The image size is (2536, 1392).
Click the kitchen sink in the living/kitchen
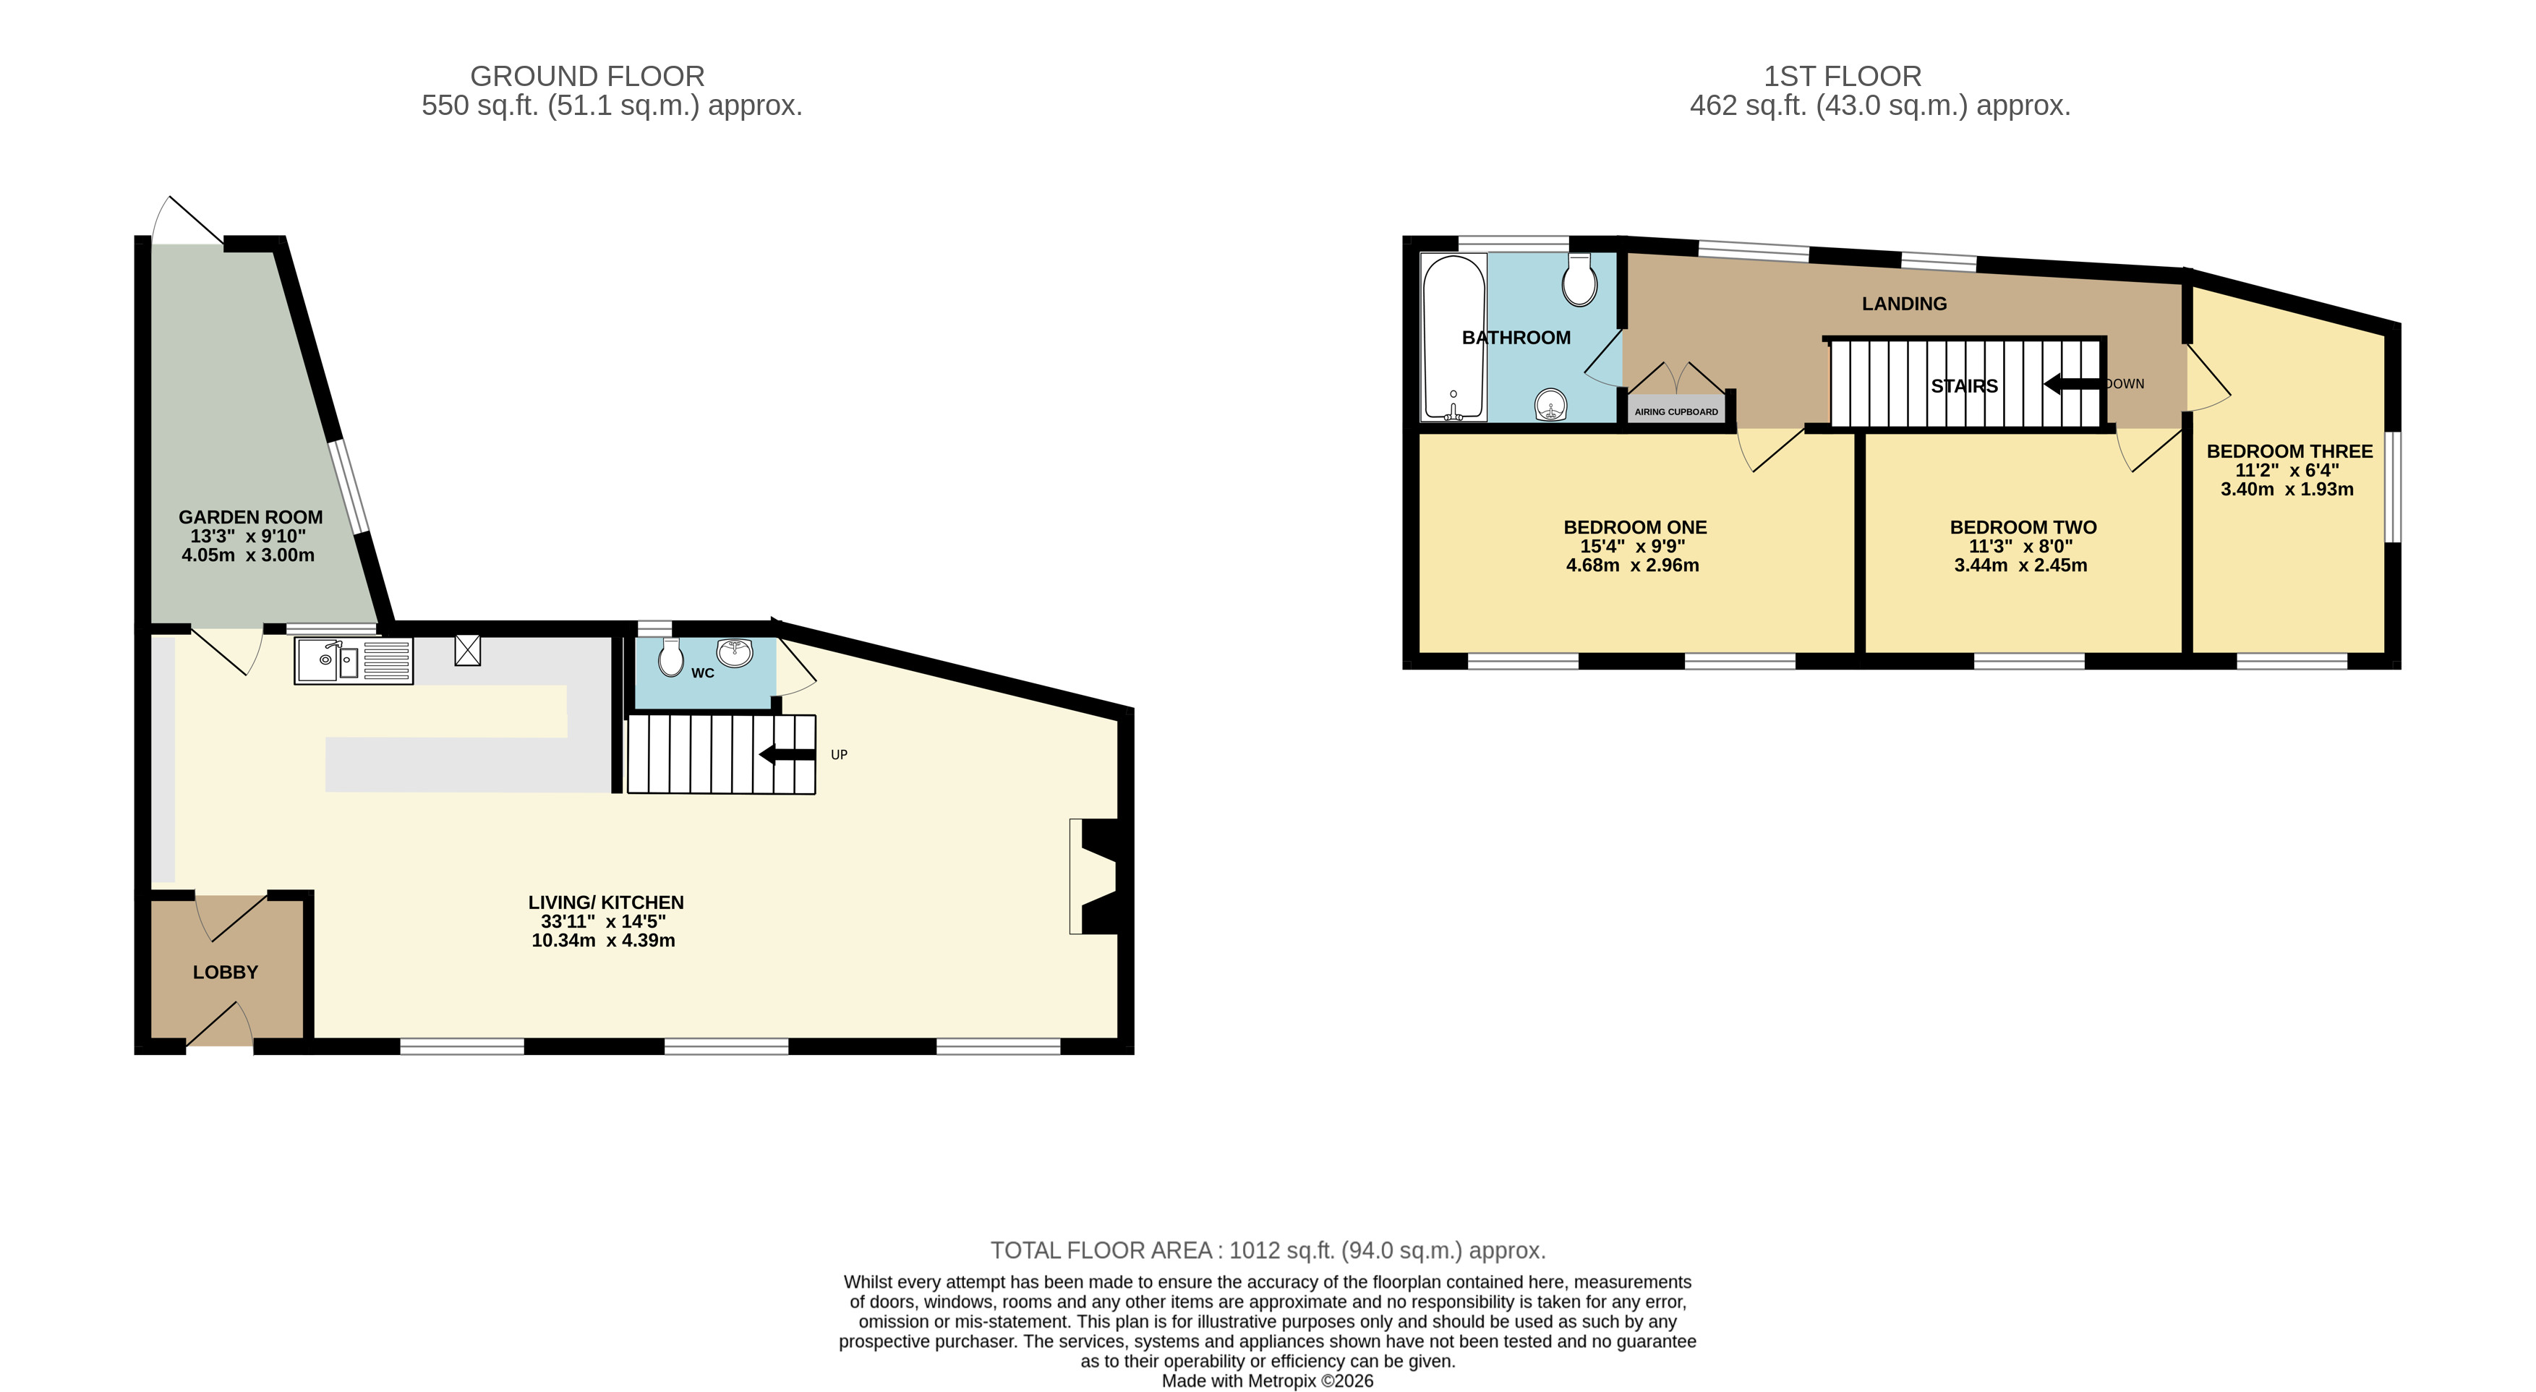click(x=354, y=660)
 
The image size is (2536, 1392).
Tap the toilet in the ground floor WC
click(x=670, y=657)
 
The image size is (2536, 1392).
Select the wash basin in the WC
click(x=735, y=652)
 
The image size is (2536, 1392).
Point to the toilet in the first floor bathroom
click(x=1579, y=281)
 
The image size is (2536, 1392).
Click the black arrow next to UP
click(x=787, y=755)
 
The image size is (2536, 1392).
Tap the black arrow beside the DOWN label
click(x=2072, y=384)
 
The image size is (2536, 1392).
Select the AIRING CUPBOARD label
click(x=1676, y=412)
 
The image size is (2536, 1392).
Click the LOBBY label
click(x=226, y=973)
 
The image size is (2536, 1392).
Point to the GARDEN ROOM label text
click(x=250, y=518)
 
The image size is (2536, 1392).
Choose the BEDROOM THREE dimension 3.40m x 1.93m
click(x=2287, y=490)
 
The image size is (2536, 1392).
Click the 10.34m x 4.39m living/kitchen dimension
click(x=604, y=940)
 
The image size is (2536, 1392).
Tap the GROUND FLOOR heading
click(x=588, y=76)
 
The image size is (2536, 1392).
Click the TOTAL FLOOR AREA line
click(x=1268, y=1250)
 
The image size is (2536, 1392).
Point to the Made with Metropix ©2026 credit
click(x=1268, y=1381)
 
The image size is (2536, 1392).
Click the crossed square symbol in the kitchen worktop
click(x=468, y=650)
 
